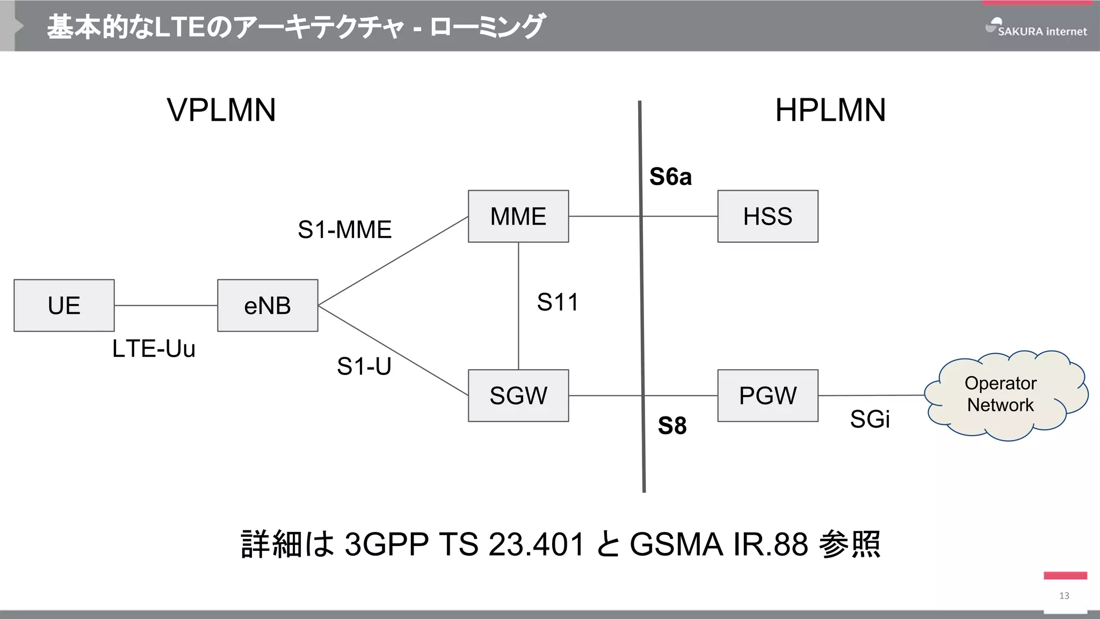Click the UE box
[64, 305]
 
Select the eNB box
[267, 305]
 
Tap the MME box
[518, 216]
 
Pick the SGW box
[518, 395]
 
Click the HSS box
[768, 216]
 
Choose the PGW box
[768, 395]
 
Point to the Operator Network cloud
[1000, 395]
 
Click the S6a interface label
[670, 177]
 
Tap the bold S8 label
[672, 426]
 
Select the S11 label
[558, 302]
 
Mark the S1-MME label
[345, 230]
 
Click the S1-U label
[364, 366]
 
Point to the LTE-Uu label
[154, 349]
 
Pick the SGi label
[870, 419]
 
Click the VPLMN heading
[221, 110]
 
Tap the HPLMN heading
[830, 110]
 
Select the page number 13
[1064, 595]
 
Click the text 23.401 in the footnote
[537, 544]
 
